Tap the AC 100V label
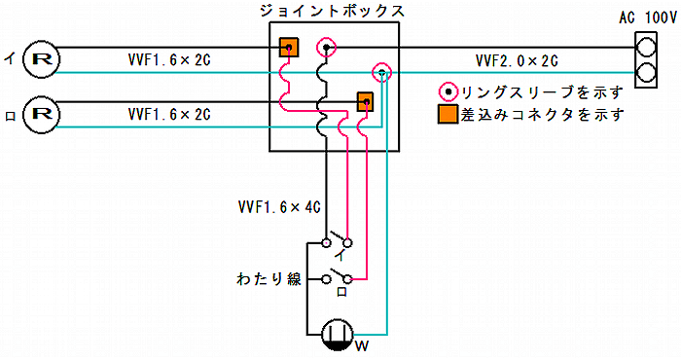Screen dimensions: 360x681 pyautogui.click(x=647, y=18)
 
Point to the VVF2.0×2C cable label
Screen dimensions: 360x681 pyautogui.click(x=516, y=60)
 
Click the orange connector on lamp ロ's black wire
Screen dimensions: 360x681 pyautogui.click(x=365, y=100)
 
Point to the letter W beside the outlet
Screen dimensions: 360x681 pyautogui.click(x=361, y=345)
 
